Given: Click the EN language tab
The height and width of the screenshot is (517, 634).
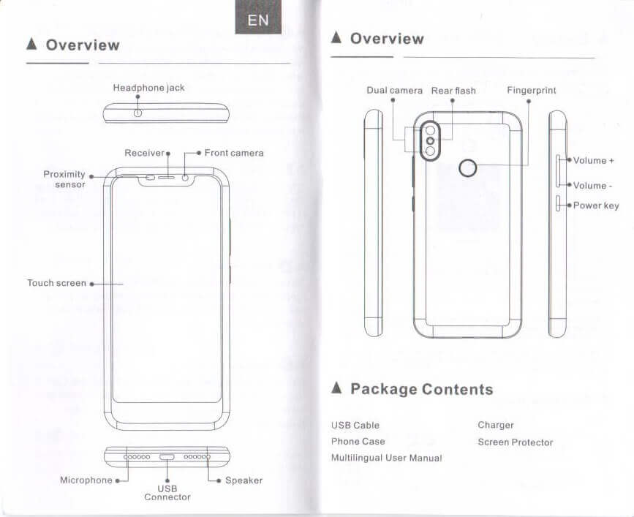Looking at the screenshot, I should tap(258, 20).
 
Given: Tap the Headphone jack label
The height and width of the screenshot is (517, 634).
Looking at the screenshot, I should tap(148, 88).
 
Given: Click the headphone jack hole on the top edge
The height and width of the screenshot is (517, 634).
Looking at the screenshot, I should tap(137, 113).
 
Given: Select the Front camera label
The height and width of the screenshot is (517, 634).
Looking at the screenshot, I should tap(233, 153).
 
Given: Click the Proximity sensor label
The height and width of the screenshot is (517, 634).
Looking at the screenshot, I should tap(64, 179).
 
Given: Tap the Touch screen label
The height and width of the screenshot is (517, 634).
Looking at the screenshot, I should tap(56, 283).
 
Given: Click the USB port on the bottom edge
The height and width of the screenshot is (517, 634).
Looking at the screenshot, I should tap(167, 456).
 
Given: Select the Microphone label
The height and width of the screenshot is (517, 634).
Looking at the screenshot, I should tap(86, 480).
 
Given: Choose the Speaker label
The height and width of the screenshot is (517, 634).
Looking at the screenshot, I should tap(244, 480).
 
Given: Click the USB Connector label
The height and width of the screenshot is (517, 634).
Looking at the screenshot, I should tap(167, 492).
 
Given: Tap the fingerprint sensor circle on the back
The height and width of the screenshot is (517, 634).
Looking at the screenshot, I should tap(467, 170).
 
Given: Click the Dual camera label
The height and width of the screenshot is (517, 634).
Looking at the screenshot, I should tap(395, 91).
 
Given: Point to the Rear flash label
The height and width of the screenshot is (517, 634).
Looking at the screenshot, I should tap(453, 91).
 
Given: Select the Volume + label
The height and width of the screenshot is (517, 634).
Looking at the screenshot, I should tap(593, 160).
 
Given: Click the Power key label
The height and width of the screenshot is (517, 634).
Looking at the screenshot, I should tap(596, 205).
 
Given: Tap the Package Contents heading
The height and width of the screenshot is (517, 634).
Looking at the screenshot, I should tap(421, 389).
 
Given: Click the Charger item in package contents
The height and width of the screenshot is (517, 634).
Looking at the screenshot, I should tap(496, 425).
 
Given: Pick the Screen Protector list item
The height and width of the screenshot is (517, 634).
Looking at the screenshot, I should tap(516, 442).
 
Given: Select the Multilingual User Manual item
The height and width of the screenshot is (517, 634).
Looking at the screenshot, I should tap(386, 458).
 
